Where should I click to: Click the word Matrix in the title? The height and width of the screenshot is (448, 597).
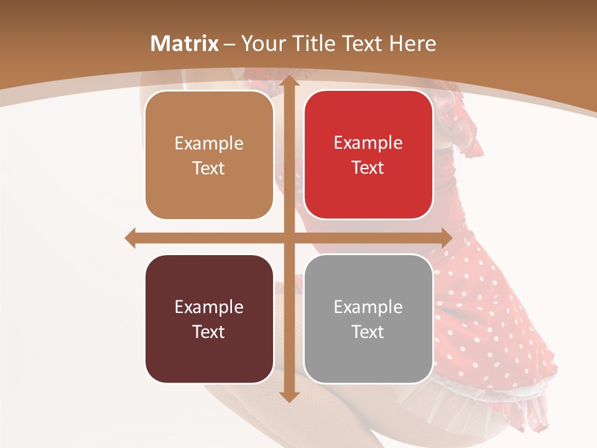185,44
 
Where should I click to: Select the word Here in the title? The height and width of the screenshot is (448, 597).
412,44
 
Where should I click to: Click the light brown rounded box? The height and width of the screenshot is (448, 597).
209,155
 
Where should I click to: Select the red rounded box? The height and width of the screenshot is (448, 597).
368,155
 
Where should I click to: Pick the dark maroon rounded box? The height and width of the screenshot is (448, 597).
209,319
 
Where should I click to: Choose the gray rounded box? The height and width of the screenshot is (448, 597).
368,319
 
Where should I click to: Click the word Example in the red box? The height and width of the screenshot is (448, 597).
368,142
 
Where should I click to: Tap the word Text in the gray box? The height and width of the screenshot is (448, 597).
368,332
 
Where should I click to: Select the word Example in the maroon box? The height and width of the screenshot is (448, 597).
209,307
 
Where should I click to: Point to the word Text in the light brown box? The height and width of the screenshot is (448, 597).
209,168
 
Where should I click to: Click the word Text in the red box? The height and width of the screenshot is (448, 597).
368,167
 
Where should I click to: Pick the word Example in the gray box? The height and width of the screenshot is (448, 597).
368,307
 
